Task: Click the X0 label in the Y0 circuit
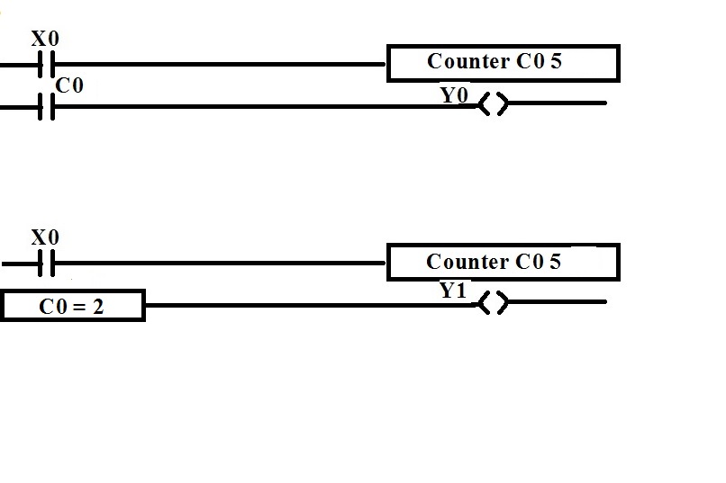coord(45,40)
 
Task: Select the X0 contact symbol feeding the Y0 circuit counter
coord(47,65)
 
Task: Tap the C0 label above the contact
coord(69,85)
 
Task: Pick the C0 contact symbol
coord(47,107)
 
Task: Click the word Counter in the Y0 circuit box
coord(467,62)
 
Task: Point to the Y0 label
coord(454,94)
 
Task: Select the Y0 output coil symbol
coord(492,104)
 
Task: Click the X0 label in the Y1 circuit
coord(45,237)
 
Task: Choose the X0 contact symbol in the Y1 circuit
coord(47,264)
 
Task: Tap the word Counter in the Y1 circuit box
coord(467,262)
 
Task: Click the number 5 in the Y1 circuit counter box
coord(555,262)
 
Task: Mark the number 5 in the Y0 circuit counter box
coord(556,62)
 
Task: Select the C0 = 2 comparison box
coord(72,307)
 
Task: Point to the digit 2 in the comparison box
coord(97,307)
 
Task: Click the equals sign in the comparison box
coord(79,307)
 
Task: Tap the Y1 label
coord(453,291)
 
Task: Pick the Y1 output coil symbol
coord(492,303)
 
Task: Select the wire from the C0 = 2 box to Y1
coord(306,305)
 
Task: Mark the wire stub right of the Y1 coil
coord(558,302)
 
